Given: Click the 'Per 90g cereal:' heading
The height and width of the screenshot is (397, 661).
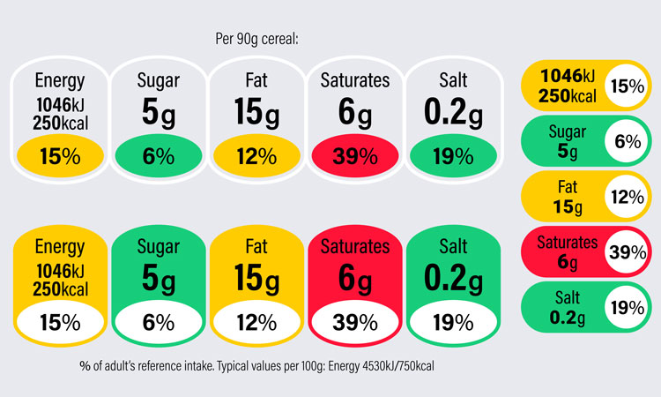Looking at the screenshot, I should pyautogui.click(x=257, y=39).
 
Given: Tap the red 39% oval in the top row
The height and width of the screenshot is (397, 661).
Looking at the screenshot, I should pyautogui.click(x=355, y=157).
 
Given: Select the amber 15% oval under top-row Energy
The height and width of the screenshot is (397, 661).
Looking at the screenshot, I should pyautogui.click(x=60, y=157).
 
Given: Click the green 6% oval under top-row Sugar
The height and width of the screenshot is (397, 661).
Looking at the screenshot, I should pyautogui.click(x=159, y=157).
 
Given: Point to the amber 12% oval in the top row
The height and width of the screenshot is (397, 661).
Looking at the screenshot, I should pyautogui.click(x=257, y=157).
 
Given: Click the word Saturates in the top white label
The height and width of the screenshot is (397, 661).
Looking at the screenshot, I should pyautogui.click(x=355, y=81).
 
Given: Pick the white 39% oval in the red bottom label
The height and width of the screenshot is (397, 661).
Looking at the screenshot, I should pyautogui.click(x=355, y=323).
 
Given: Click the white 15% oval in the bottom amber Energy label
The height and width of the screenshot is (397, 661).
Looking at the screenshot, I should pyautogui.click(x=60, y=323).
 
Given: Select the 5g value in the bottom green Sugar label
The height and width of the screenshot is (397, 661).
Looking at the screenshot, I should pyautogui.click(x=159, y=279).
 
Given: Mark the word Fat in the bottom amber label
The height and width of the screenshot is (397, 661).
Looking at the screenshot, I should pyautogui.click(x=257, y=246).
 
